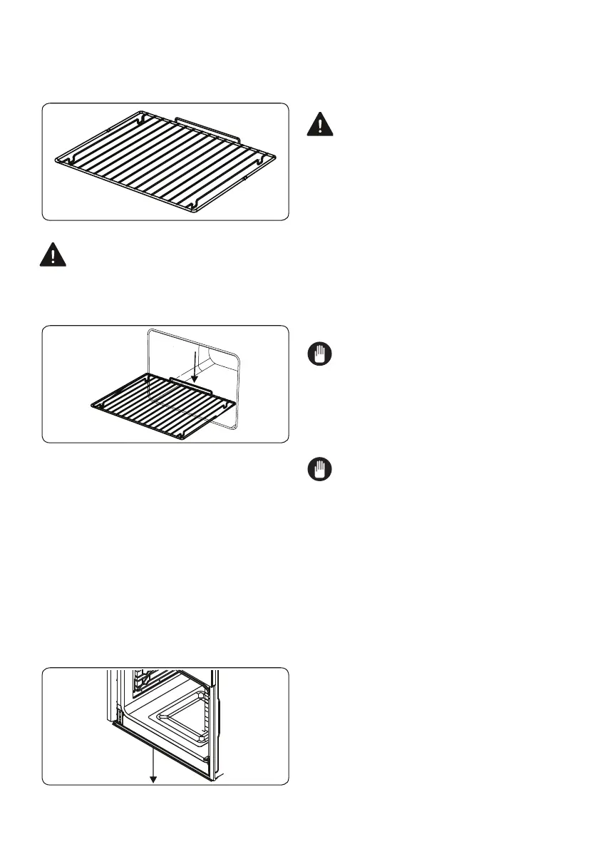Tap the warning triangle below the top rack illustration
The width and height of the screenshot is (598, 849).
coord(52,254)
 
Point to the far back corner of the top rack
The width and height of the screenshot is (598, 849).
coord(143,113)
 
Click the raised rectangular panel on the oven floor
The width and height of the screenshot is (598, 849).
coord(183,716)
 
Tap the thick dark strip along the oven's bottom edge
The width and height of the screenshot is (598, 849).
coord(157,749)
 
